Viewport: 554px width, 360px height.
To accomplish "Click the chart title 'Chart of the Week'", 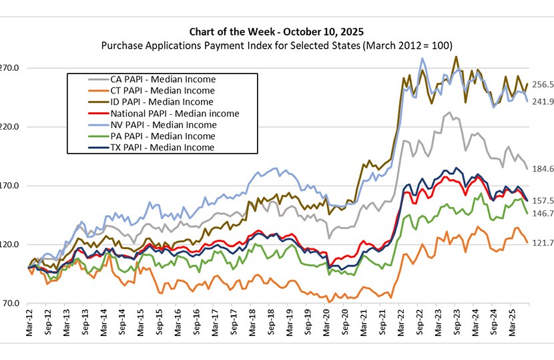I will (277, 32).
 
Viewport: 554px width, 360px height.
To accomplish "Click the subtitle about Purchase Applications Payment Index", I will (277, 45).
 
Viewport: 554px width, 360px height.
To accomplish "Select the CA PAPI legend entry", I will (163, 79).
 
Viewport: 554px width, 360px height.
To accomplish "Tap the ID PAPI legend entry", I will (162, 102).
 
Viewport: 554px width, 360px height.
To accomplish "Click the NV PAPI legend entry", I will (163, 125).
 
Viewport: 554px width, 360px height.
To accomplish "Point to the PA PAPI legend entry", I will (162, 136).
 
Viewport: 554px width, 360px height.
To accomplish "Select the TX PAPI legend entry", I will (162, 148).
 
